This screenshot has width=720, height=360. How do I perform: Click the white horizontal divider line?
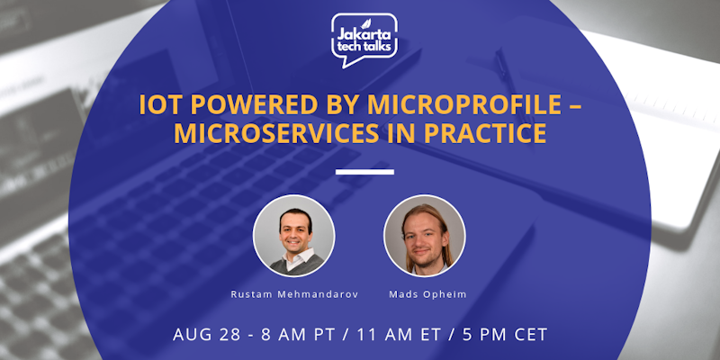click(364, 171)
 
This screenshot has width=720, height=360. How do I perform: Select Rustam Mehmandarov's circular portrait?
click(294, 236)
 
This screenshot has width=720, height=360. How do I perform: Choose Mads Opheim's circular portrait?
click(424, 236)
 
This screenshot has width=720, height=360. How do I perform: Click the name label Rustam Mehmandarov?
click(294, 293)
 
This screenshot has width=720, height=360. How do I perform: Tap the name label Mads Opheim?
click(424, 293)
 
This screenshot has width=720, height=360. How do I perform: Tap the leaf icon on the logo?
click(386, 20)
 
